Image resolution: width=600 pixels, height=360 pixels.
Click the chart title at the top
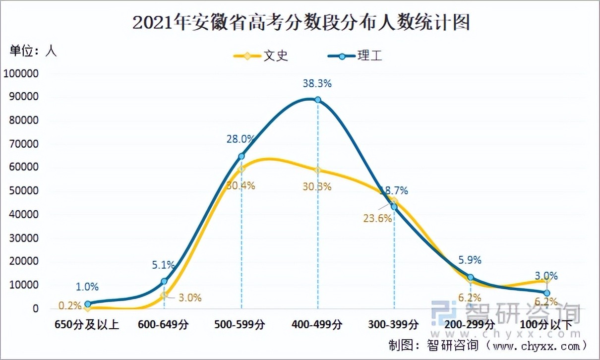[300, 23]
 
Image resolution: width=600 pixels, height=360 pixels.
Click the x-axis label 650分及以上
[87, 325]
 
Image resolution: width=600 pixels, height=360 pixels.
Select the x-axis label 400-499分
[317, 325]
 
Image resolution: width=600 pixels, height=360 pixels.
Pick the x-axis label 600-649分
[164, 325]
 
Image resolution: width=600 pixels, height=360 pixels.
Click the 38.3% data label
[317, 84]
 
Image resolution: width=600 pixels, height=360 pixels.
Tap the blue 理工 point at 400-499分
[317, 100]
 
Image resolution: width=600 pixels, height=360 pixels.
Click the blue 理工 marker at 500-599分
[241, 156]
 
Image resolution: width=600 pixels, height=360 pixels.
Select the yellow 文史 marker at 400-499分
[317, 171]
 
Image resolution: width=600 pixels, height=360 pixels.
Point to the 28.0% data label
[240, 139]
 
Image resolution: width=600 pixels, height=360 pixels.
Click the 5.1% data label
[164, 264]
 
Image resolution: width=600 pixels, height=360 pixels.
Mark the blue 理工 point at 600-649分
[164, 281]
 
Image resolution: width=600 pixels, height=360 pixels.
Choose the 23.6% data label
[378, 218]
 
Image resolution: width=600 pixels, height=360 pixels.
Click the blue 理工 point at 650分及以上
[88, 304]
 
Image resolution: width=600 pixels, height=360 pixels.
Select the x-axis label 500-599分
[240, 325]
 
